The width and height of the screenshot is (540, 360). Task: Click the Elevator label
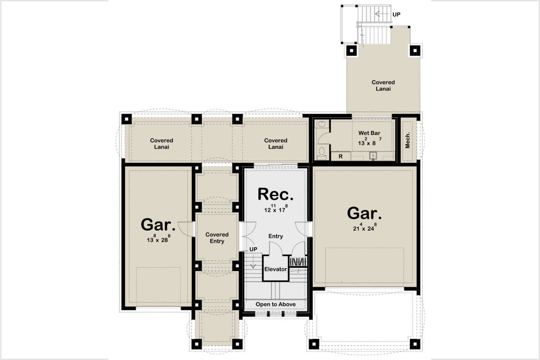coord(275,269)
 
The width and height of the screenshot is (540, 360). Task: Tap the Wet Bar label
coord(369,133)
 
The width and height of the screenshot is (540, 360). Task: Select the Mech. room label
coord(408,140)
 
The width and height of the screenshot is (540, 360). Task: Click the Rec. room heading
coord(275,194)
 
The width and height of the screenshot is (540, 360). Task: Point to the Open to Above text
coord(275,304)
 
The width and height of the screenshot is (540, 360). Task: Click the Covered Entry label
coord(217,238)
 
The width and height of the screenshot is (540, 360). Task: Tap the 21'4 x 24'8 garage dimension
coord(364,227)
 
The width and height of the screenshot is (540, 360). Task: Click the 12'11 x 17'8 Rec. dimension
coord(275,208)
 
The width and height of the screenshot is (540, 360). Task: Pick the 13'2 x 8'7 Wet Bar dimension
coord(369,141)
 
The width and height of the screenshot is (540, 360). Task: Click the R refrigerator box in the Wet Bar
coord(341,156)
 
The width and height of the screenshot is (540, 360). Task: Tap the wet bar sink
coord(373,156)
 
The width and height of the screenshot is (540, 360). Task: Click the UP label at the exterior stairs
coord(396,14)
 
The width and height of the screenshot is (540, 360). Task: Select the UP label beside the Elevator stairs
coord(253,249)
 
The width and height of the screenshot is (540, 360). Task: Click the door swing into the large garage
coord(303,229)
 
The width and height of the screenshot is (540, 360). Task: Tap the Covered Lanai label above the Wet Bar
coord(383,85)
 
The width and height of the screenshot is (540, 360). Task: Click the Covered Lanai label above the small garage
coord(162,144)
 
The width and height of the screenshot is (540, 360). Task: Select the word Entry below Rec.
coord(275,236)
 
